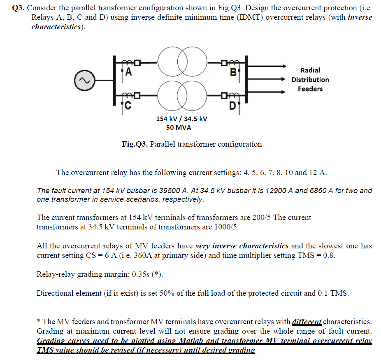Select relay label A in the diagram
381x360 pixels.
click(x=128, y=73)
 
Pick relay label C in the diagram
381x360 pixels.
click(x=128, y=106)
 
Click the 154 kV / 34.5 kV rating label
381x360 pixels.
click(x=181, y=119)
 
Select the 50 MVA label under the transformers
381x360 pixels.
click(x=179, y=128)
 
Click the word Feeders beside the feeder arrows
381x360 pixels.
click(x=310, y=89)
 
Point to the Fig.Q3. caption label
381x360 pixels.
click(x=135, y=144)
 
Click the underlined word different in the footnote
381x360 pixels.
click(x=307, y=321)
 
